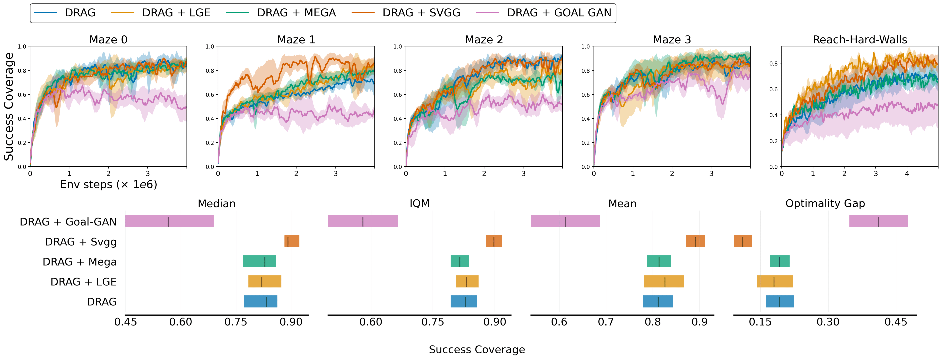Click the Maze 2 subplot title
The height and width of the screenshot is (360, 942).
coord(484,40)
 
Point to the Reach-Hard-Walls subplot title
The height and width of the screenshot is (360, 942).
coord(860,40)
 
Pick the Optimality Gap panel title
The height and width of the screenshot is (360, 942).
coord(825,203)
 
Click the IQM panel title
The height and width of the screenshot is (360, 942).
coord(419,203)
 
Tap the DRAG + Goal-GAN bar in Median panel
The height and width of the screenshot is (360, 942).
coord(169,221)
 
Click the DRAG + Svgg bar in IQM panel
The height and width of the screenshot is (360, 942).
coord(494,241)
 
